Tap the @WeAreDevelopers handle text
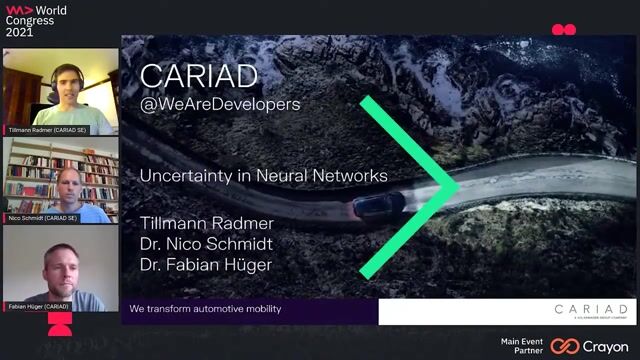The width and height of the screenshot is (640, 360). pos(220,104)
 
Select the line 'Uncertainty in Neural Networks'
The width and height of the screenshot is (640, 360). pos(263,175)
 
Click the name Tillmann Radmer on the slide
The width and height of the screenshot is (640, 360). pos(207,223)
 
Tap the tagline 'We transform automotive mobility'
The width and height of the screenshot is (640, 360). pos(205,309)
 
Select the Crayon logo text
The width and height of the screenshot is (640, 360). pos(605,346)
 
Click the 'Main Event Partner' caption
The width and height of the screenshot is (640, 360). pos(522,346)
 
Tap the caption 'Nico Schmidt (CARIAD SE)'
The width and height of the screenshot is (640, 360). pos(44,217)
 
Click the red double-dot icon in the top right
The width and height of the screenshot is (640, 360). pos(564,30)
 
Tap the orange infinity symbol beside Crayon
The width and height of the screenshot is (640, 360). pos(564,346)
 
